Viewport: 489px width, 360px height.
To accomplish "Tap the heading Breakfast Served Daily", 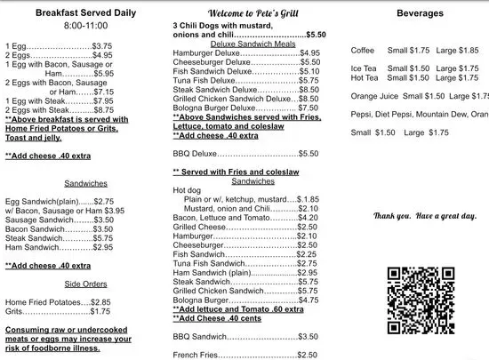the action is point(73,13).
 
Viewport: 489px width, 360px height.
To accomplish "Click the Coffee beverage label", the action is point(363,51).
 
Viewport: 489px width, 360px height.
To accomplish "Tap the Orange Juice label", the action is point(374,96).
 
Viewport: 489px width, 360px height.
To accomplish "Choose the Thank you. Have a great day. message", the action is point(425,216).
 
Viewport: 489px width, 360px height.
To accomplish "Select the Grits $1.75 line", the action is point(59,311).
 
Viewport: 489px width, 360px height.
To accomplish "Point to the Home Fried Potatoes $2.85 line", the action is point(59,301).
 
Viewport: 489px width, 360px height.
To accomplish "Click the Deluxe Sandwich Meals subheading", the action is point(245,43).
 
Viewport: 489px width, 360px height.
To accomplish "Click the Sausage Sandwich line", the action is point(59,219).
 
